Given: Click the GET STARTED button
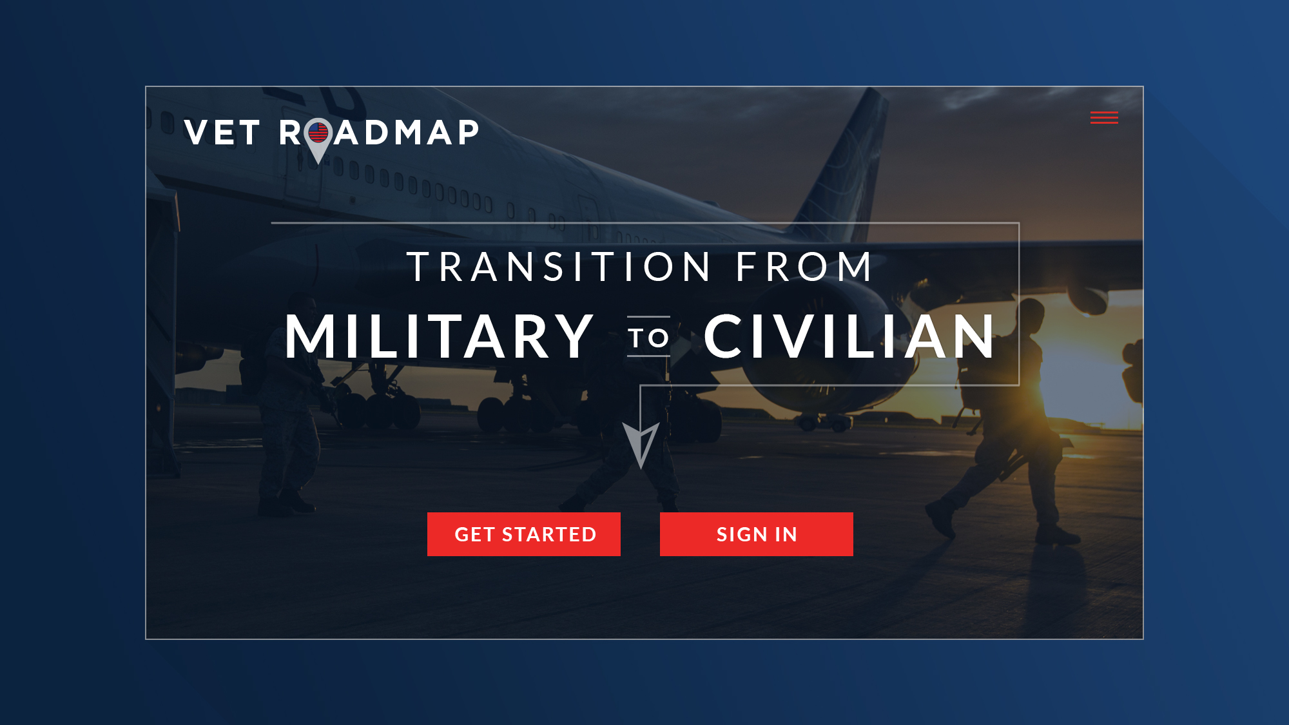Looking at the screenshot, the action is [x=524, y=534].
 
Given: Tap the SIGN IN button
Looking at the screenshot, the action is [x=757, y=534].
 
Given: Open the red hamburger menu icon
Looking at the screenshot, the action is [x=1104, y=117].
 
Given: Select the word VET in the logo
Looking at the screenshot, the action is [x=222, y=133].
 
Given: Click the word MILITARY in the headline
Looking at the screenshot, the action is [x=439, y=336].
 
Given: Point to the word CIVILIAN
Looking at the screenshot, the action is [x=849, y=336].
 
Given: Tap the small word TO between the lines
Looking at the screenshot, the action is [x=648, y=338].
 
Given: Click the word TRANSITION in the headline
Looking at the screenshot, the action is [x=559, y=267].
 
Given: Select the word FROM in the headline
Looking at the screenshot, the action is [x=804, y=267].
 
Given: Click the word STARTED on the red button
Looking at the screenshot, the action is [x=549, y=534].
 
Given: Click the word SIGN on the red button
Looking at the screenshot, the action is [x=742, y=534].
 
